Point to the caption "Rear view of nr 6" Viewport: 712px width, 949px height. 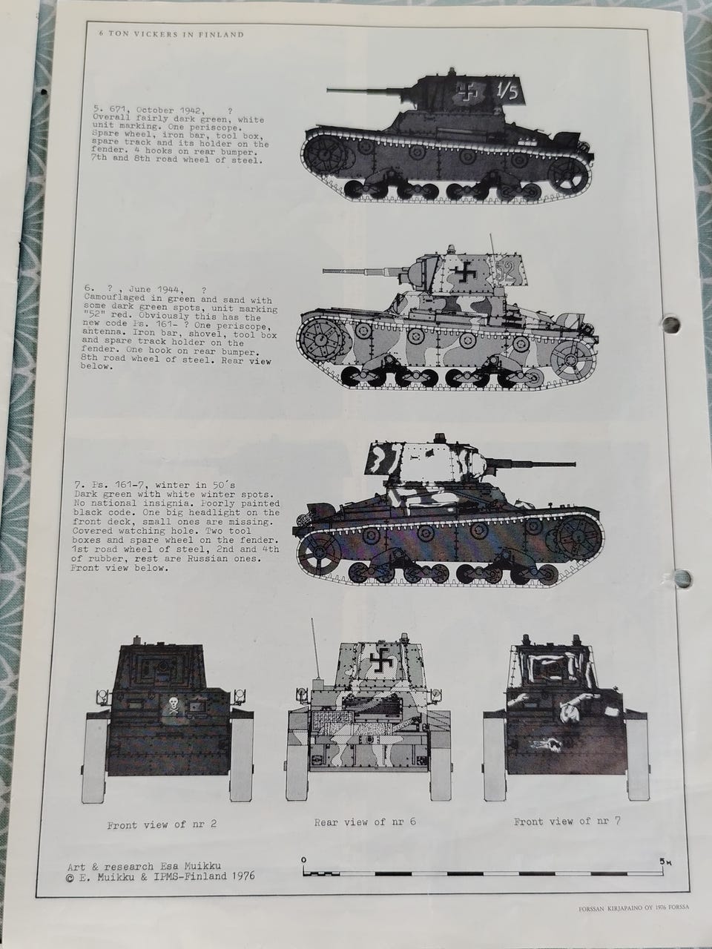pos(366,821)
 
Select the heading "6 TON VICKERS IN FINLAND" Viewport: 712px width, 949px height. pos(171,35)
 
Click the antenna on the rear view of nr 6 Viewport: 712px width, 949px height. pos(316,649)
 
